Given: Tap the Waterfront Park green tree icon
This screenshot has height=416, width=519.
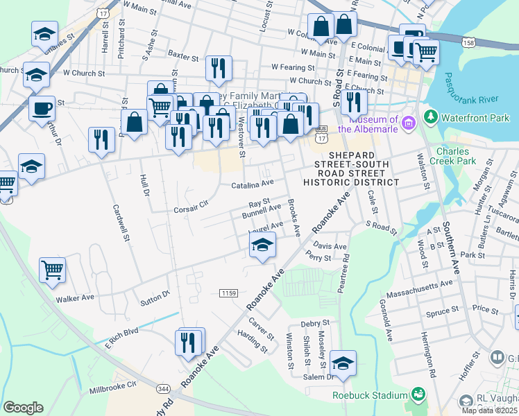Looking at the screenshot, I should point(431,116).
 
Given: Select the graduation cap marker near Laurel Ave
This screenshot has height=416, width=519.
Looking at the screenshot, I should point(262,245).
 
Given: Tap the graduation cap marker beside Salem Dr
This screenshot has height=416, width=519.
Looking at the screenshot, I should point(342,363).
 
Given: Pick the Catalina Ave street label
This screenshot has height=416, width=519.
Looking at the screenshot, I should point(253,185).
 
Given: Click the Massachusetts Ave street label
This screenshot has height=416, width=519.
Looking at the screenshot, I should point(429,285).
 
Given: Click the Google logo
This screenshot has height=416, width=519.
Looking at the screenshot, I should point(23,408).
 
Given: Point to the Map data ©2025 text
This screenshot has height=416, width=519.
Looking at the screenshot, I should point(490,410).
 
